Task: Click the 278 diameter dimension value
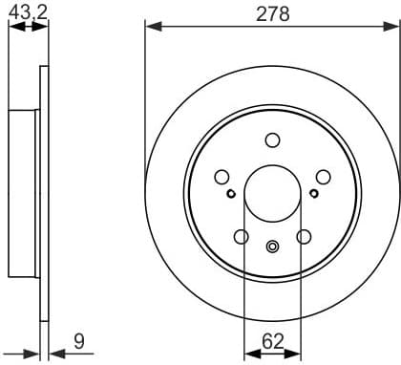coord(272,13)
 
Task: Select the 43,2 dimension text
coord(28,11)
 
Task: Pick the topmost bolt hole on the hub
coord(272,140)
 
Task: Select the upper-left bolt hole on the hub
coord(222,177)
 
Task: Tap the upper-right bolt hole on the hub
coord(323,177)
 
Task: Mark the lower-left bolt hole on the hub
coord(241,237)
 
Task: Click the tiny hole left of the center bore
coord(231,194)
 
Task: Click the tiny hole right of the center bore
coord(314,194)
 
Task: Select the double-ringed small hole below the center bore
coord(272,247)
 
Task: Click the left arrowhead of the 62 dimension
coord(249,353)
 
